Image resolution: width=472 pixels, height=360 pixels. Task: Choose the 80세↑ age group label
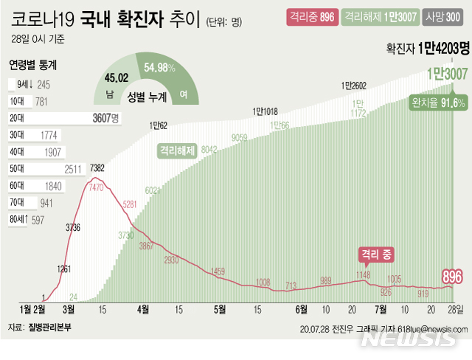tap(18, 219)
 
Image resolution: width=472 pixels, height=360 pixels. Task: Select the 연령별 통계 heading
tap(33, 65)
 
